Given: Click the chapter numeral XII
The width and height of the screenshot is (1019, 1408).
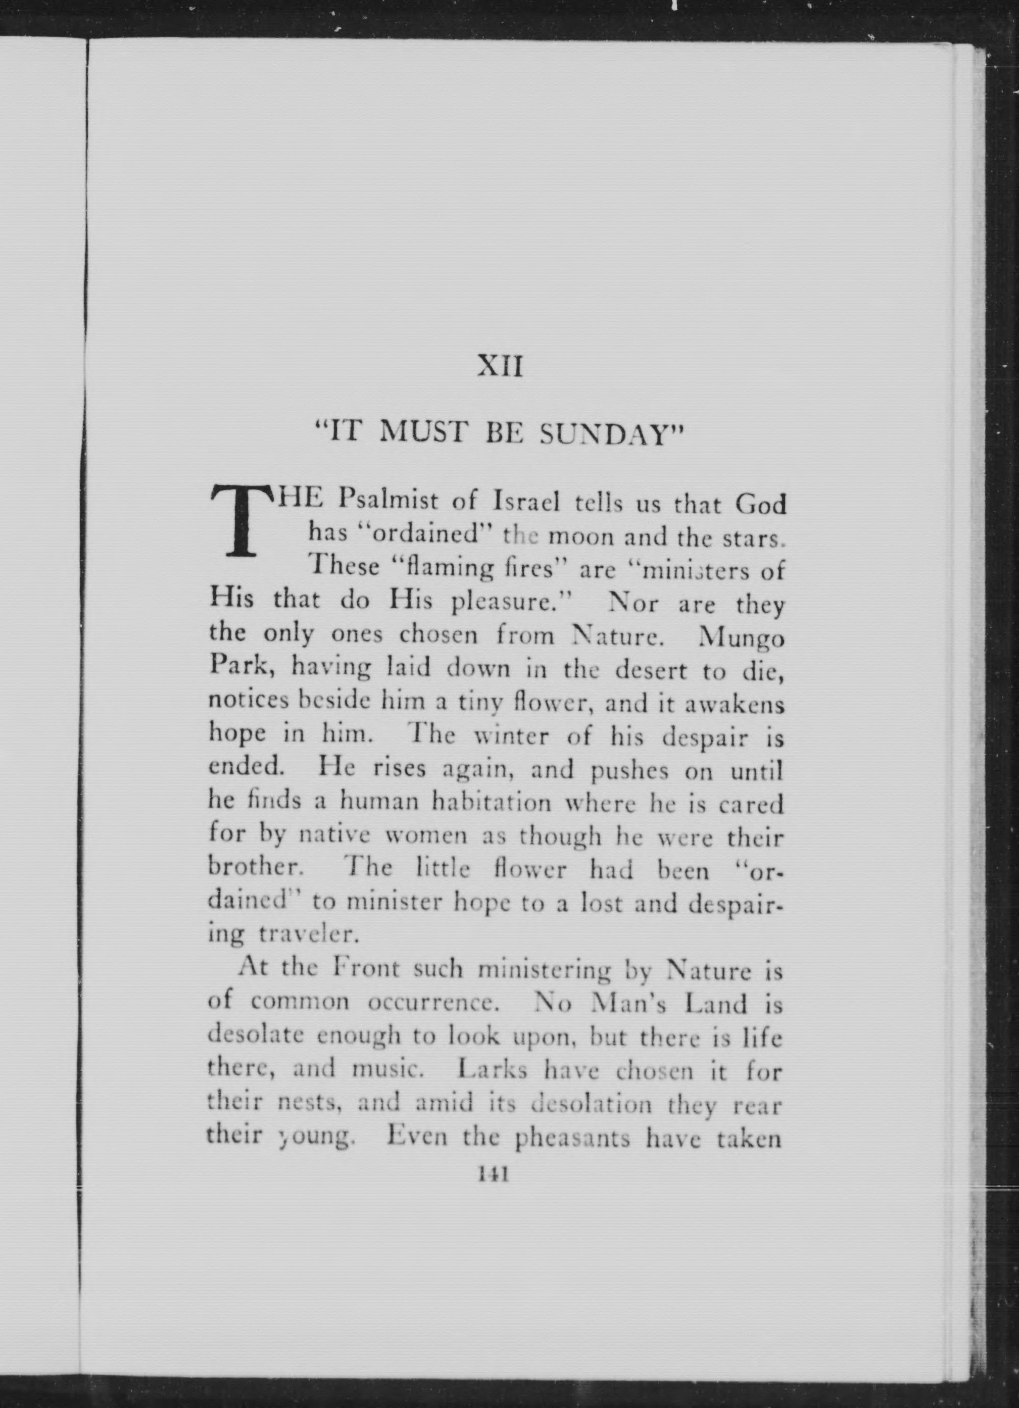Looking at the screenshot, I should (x=501, y=366).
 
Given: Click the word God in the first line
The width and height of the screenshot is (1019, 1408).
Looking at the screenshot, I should (x=760, y=504).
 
